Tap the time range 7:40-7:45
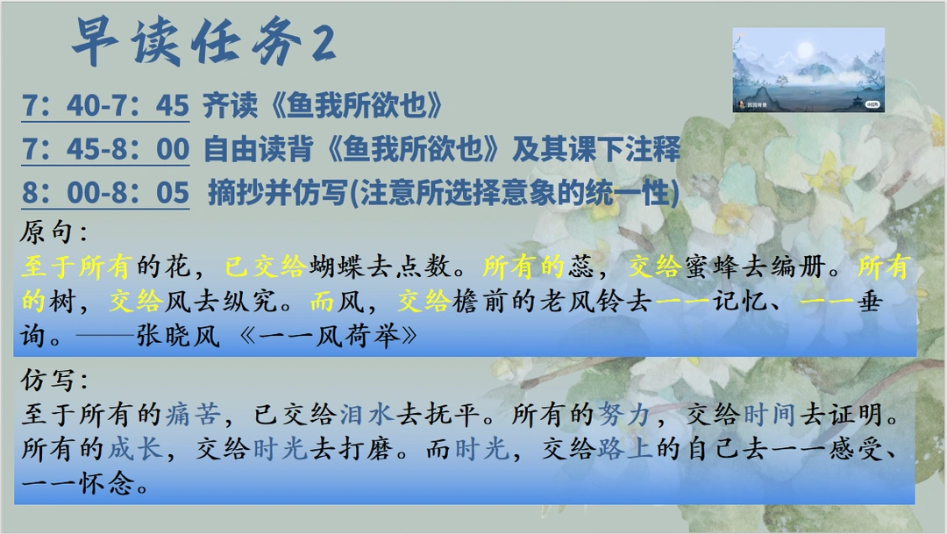tap(105, 106)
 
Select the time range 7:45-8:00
tap(105, 150)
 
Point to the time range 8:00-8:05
tap(105, 193)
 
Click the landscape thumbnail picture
tap(808, 70)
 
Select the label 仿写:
tap(53, 381)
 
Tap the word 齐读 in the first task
tap(230, 106)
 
